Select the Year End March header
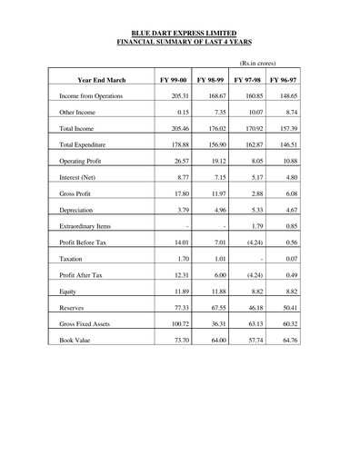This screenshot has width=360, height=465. tap(102, 80)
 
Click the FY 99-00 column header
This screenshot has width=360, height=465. tap(174, 80)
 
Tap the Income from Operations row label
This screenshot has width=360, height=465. tap(90, 95)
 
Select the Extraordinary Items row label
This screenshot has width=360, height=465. tap(85, 225)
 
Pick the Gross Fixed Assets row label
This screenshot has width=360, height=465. tap(85, 323)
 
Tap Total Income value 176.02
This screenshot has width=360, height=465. tap(213, 128)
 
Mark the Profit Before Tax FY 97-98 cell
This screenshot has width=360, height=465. tap(251, 242)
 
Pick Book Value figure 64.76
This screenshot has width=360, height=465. tap(287, 340)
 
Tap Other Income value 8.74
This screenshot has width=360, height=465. tap(289, 112)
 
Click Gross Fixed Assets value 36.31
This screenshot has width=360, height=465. tap(215, 323)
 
